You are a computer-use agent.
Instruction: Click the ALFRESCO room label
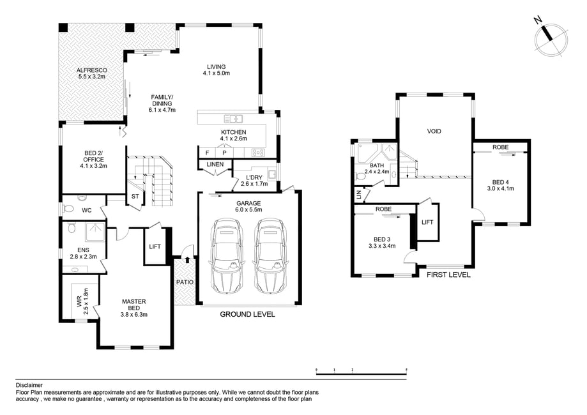(92, 70)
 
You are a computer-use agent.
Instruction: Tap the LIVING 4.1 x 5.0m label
(217, 70)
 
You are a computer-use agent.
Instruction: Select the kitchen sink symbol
(234, 119)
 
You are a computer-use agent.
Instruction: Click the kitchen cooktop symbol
(258, 153)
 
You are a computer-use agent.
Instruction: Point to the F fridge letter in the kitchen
(208, 153)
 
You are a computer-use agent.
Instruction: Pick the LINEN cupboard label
(215, 164)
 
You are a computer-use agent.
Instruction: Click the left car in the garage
(227, 256)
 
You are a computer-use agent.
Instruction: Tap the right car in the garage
(270, 256)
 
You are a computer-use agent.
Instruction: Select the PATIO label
(185, 282)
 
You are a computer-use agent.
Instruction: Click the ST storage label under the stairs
(135, 196)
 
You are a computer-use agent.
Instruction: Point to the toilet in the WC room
(68, 208)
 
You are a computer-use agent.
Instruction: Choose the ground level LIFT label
(155, 246)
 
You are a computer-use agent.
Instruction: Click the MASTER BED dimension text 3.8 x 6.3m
(134, 314)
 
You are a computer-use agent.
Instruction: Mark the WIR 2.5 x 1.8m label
(82, 301)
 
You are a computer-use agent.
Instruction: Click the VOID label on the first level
(434, 132)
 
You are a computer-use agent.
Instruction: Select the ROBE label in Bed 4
(501, 147)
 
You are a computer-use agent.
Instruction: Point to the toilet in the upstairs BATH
(361, 176)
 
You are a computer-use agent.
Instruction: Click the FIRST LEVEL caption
(448, 275)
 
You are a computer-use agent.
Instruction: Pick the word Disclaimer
(29, 385)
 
